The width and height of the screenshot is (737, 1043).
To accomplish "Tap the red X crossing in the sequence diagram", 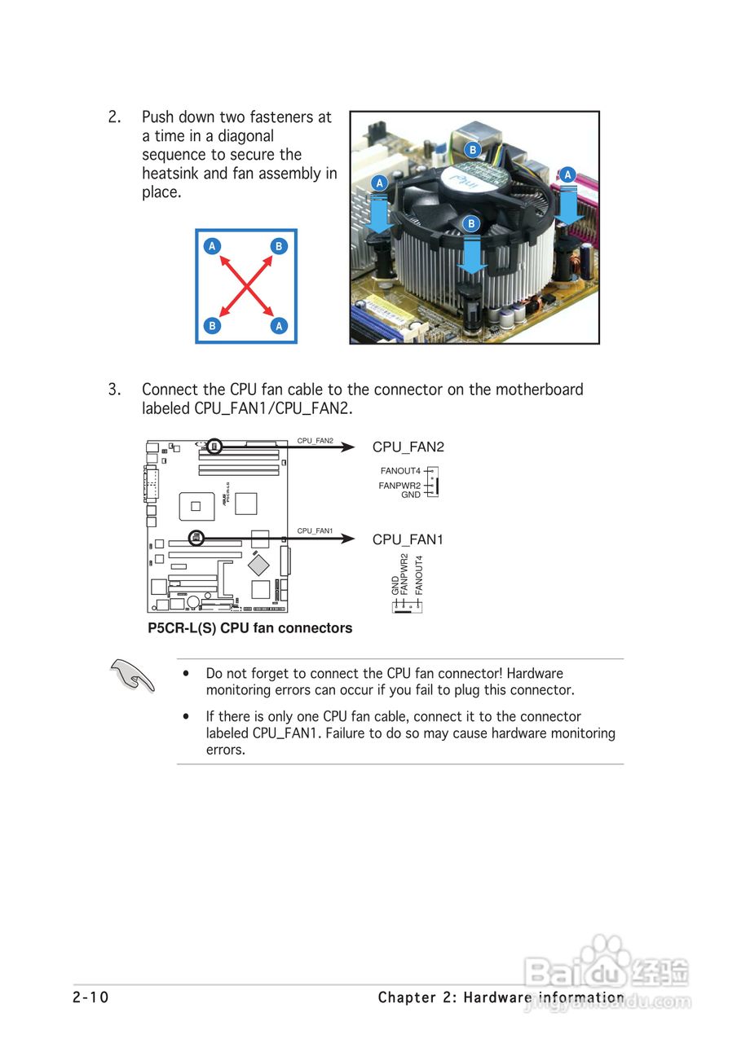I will click(245, 286).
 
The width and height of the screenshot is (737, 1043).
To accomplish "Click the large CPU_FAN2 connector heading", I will click(408, 447).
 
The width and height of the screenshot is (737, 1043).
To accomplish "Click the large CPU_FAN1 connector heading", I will click(408, 539).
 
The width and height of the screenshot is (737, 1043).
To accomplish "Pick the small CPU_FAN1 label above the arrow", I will click(315, 530).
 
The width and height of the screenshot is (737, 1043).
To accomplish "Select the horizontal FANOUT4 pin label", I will click(400, 471).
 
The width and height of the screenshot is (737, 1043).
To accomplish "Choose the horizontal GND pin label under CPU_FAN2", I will click(411, 495).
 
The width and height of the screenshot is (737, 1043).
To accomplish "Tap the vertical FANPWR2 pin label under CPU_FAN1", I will click(404, 574).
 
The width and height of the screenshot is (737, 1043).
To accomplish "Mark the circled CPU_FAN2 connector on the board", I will click(214, 446).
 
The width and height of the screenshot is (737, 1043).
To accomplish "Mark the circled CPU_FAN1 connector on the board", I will click(196, 538).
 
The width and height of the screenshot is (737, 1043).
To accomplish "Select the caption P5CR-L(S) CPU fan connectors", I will click(249, 628).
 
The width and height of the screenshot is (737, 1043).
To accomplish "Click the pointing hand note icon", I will click(133, 676).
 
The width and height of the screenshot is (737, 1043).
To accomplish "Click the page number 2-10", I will click(90, 997).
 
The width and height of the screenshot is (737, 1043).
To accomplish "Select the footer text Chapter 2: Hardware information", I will click(501, 997).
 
